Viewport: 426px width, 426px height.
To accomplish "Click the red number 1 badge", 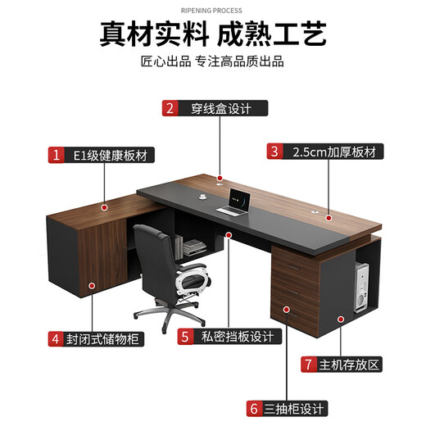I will point(56,155).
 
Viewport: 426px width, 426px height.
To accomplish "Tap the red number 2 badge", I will point(170,108).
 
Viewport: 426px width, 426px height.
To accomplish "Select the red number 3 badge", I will point(274,152).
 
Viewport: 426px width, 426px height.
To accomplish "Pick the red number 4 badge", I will point(56,338).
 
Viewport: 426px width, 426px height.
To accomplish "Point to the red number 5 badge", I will point(186,337).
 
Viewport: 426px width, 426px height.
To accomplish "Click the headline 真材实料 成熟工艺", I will point(213,34).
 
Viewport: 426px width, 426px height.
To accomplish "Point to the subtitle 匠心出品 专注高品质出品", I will point(213,63).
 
